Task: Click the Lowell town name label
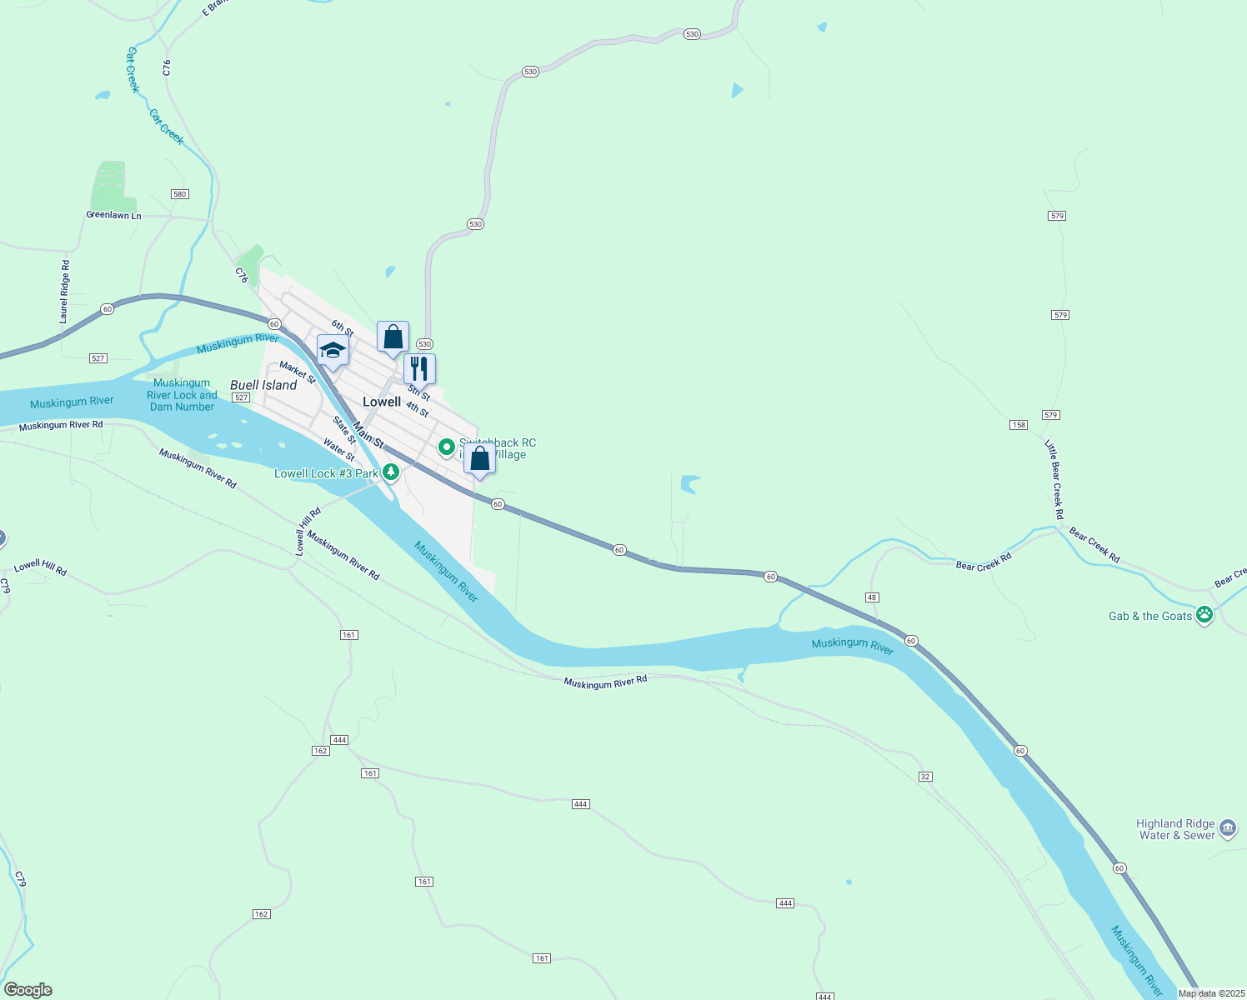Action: pyautogui.click(x=382, y=402)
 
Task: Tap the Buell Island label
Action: pyautogui.click(x=263, y=385)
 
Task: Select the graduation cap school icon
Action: pyautogui.click(x=332, y=351)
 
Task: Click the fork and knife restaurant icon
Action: pyautogui.click(x=419, y=368)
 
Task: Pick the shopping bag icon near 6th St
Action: pyautogui.click(x=393, y=337)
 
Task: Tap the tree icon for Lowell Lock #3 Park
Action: pyautogui.click(x=390, y=472)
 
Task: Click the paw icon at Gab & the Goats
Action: pyautogui.click(x=1204, y=616)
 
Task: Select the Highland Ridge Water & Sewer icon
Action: pyautogui.click(x=1227, y=828)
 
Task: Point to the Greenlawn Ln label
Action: pyautogui.click(x=113, y=215)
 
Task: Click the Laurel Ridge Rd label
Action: pyautogui.click(x=64, y=292)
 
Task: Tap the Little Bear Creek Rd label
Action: pyautogui.click(x=1054, y=479)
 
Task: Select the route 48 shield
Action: pyautogui.click(x=872, y=597)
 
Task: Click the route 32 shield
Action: pyautogui.click(x=925, y=777)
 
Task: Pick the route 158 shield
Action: pyautogui.click(x=1018, y=425)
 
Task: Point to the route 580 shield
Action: pyautogui.click(x=179, y=194)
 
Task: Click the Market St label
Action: pyautogui.click(x=298, y=372)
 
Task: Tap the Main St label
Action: pyautogui.click(x=368, y=434)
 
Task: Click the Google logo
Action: pyautogui.click(x=28, y=990)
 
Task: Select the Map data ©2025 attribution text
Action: pyautogui.click(x=1211, y=993)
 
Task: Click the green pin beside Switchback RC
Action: pyautogui.click(x=447, y=448)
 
